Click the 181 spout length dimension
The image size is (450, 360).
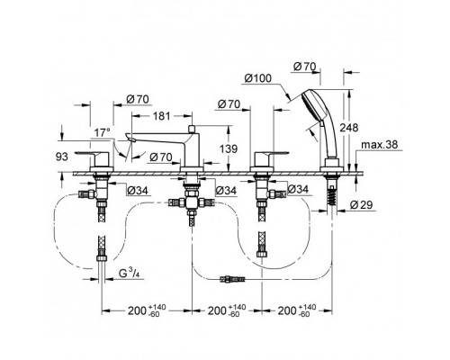162,116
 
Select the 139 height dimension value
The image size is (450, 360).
229,148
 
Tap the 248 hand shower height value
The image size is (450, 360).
349,128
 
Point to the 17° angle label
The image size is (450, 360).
103,132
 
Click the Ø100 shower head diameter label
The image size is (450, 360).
257,78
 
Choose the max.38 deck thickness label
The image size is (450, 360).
379,145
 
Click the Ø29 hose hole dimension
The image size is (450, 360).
361,205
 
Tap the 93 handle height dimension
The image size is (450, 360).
62,157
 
